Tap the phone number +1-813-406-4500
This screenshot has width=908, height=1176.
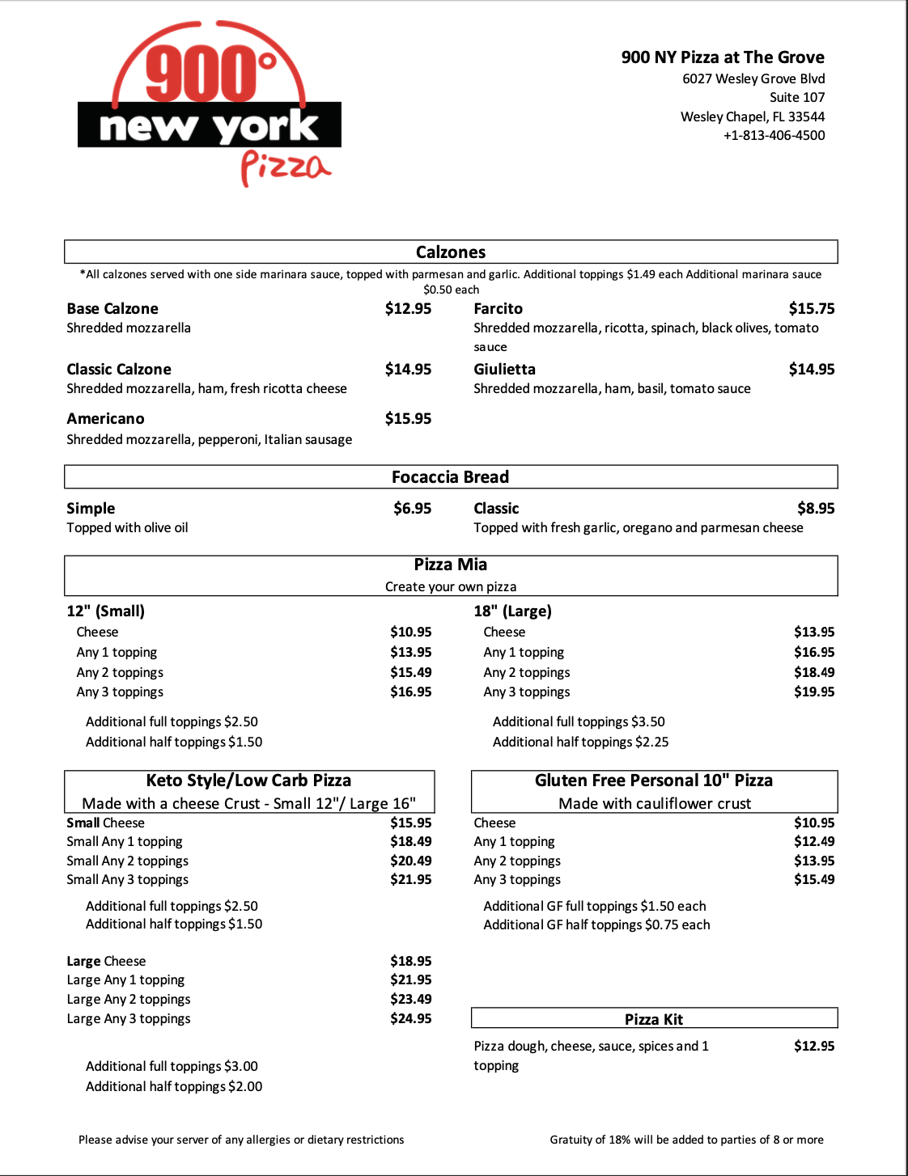click(x=774, y=136)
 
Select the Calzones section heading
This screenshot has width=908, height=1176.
click(x=451, y=252)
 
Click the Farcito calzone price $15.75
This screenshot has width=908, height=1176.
click(x=812, y=309)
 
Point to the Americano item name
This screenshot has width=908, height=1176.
click(x=105, y=419)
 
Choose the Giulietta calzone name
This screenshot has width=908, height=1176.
click(x=504, y=370)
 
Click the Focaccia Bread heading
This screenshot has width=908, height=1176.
click(x=451, y=477)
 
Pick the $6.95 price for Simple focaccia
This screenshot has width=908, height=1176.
click(x=412, y=509)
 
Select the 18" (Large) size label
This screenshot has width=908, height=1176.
click(x=512, y=611)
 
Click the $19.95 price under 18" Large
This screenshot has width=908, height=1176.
click(x=814, y=692)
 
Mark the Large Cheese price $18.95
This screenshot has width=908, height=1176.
click(x=411, y=962)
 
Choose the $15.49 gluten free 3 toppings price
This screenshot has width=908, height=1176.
click(x=814, y=880)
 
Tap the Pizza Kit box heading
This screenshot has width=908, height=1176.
click(x=654, y=1020)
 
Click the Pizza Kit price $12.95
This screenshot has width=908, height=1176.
click(x=814, y=1047)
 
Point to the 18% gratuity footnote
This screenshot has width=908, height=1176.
click(x=686, y=1140)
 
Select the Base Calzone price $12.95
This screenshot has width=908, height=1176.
click(x=408, y=309)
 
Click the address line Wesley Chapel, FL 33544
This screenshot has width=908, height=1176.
click(x=753, y=117)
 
